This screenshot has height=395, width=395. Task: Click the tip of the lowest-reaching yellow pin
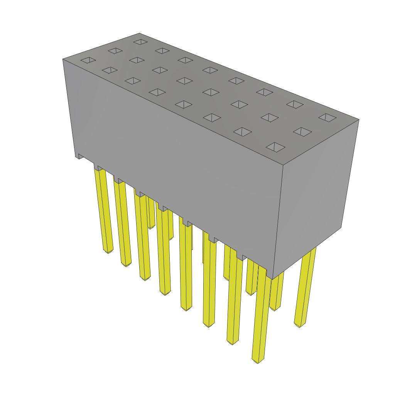258,361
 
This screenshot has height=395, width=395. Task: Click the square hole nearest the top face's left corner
88,60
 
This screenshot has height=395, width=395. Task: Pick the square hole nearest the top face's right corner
327,117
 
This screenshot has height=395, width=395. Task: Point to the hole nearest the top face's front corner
275,147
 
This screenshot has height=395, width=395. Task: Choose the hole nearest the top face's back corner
140,42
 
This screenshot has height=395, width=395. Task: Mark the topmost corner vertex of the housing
139,34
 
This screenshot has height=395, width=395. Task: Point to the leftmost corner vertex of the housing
63,59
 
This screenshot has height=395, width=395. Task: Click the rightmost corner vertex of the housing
359,120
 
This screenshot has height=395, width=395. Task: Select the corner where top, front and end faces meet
283,165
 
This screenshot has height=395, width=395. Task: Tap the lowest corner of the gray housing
272,279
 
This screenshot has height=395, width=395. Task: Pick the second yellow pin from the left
123,224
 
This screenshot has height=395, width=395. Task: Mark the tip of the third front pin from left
145,278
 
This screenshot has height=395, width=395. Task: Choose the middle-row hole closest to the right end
302,132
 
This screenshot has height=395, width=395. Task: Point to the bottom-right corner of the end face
341,228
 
